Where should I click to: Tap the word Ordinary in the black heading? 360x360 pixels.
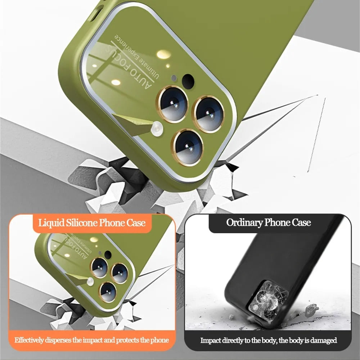(244, 222)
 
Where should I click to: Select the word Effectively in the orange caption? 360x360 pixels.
(29, 340)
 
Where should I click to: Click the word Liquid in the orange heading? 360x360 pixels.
(51, 223)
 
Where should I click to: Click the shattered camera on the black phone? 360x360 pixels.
(268, 299)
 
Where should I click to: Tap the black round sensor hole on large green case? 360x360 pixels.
(188, 81)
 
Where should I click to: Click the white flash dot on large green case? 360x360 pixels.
(157, 129)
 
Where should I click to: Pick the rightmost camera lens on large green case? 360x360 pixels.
(208, 114)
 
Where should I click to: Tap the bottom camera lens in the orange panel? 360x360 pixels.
(108, 292)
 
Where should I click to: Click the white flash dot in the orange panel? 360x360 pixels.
(90, 282)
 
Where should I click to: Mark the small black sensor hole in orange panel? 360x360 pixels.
(108, 255)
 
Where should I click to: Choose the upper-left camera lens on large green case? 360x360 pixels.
(172, 104)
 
